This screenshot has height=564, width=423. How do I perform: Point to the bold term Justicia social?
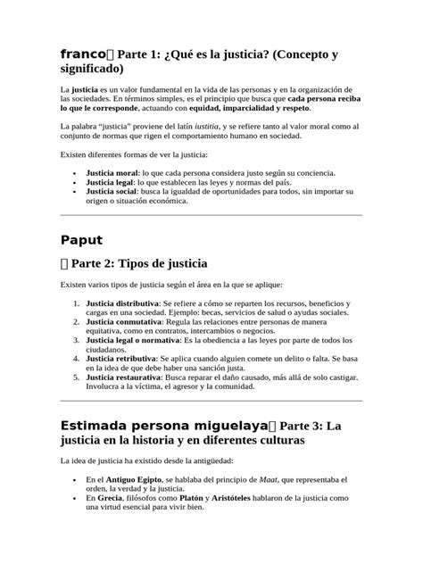(112, 191)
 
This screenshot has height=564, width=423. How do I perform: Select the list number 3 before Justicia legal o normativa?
(76, 340)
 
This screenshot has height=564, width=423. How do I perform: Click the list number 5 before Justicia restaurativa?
(76, 377)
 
